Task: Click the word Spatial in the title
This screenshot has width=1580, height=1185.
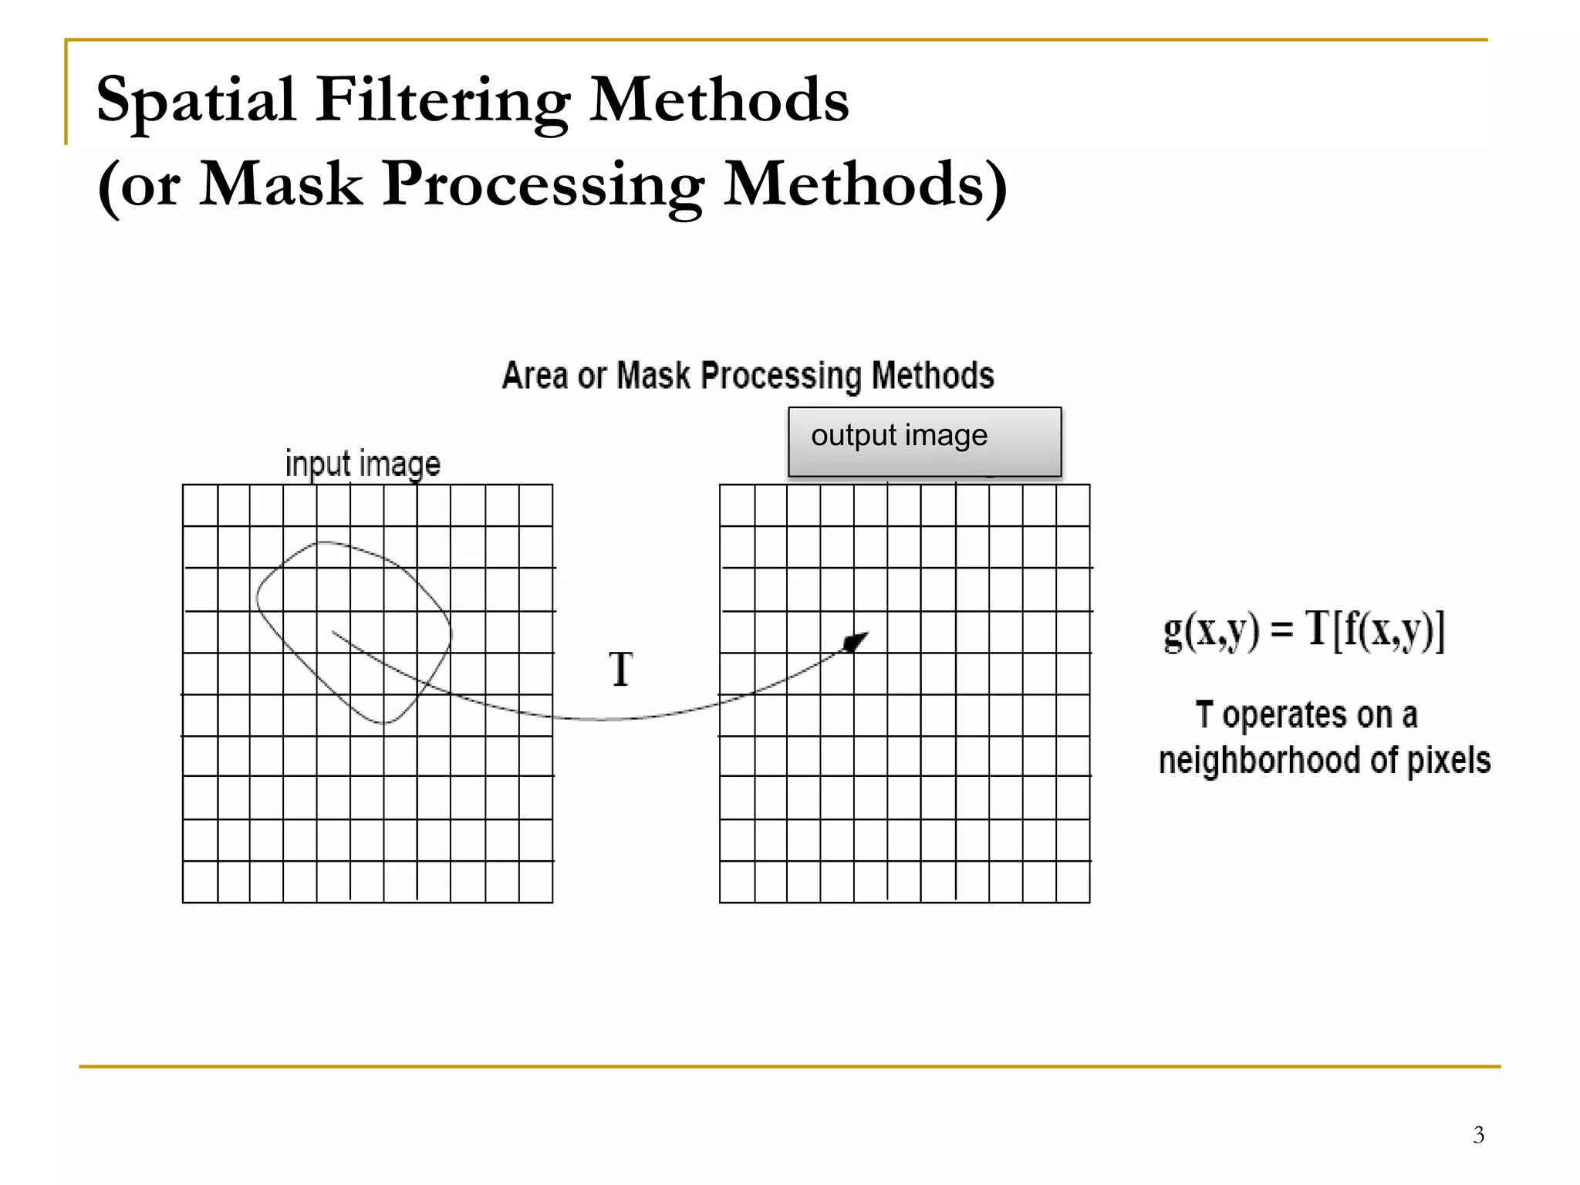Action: [196, 100]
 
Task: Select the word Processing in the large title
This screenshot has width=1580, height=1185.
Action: [543, 184]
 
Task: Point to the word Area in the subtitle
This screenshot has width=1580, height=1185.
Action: [534, 376]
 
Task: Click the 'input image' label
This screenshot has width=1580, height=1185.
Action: [363, 464]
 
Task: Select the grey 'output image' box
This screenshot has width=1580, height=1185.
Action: [924, 442]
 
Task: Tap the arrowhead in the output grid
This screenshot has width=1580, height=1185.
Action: [856, 641]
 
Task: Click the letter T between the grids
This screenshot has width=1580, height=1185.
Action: [621, 669]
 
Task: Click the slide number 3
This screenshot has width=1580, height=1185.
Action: [1478, 1135]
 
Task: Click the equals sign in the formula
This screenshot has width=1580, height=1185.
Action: [1281, 630]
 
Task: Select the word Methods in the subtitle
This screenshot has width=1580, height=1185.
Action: [933, 376]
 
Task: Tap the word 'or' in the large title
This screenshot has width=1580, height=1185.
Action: [150, 186]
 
